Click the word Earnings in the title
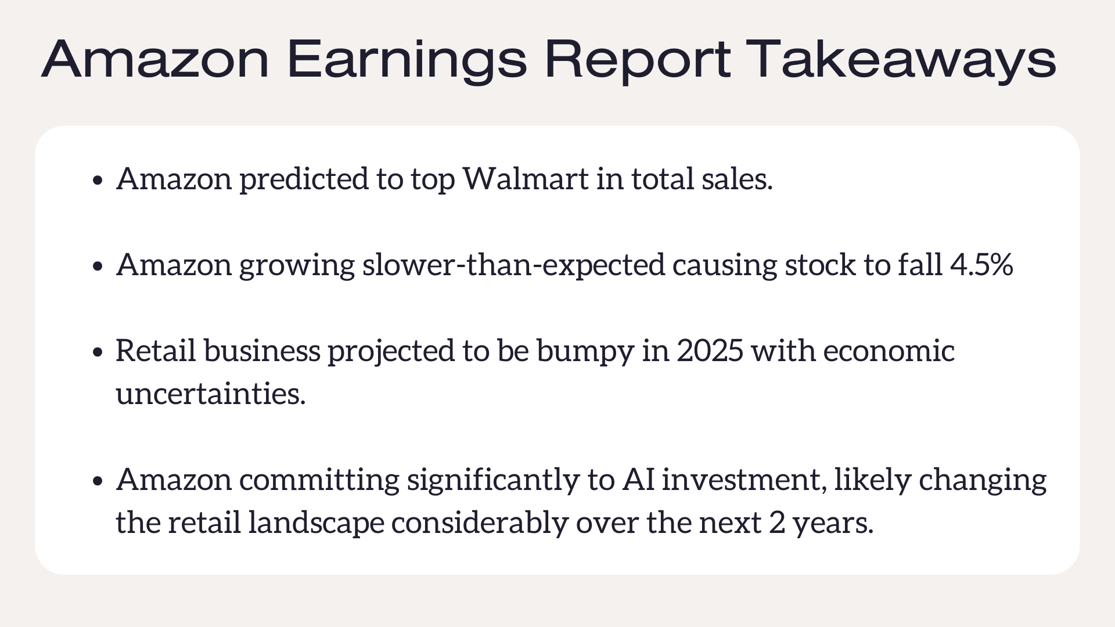(x=407, y=60)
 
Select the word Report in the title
(x=637, y=60)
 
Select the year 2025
(x=710, y=351)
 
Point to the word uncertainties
(x=211, y=394)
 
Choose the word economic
(x=889, y=351)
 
